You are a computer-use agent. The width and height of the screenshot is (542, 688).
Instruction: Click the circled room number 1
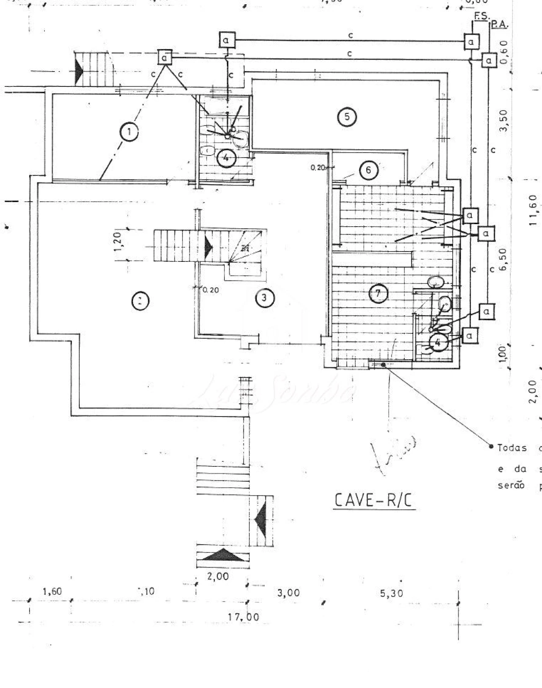point(129,132)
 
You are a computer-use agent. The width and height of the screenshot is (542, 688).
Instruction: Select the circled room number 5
point(347,117)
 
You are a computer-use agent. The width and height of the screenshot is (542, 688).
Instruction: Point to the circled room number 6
point(368,170)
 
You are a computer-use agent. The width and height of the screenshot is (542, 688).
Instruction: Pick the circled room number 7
point(378,293)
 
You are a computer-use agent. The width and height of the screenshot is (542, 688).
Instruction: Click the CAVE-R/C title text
point(373,500)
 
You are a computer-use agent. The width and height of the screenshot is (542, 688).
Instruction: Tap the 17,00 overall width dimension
point(243,617)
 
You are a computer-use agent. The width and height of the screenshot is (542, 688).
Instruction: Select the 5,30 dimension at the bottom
point(391,594)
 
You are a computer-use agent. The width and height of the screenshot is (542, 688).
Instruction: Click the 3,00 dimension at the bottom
point(288,593)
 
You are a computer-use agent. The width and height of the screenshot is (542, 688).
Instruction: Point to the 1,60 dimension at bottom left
point(52,591)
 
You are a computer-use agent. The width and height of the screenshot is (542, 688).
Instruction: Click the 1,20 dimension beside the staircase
point(118,241)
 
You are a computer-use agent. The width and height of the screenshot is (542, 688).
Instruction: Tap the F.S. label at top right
point(481,17)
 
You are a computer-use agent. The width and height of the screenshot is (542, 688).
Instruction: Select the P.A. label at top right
point(500,25)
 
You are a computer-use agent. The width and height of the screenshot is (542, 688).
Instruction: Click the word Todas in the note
point(512,448)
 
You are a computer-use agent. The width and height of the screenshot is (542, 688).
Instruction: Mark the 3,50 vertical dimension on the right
point(503,121)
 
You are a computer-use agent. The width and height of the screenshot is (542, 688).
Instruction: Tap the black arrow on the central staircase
point(208,247)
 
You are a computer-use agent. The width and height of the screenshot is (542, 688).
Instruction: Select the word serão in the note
point(511,485)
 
